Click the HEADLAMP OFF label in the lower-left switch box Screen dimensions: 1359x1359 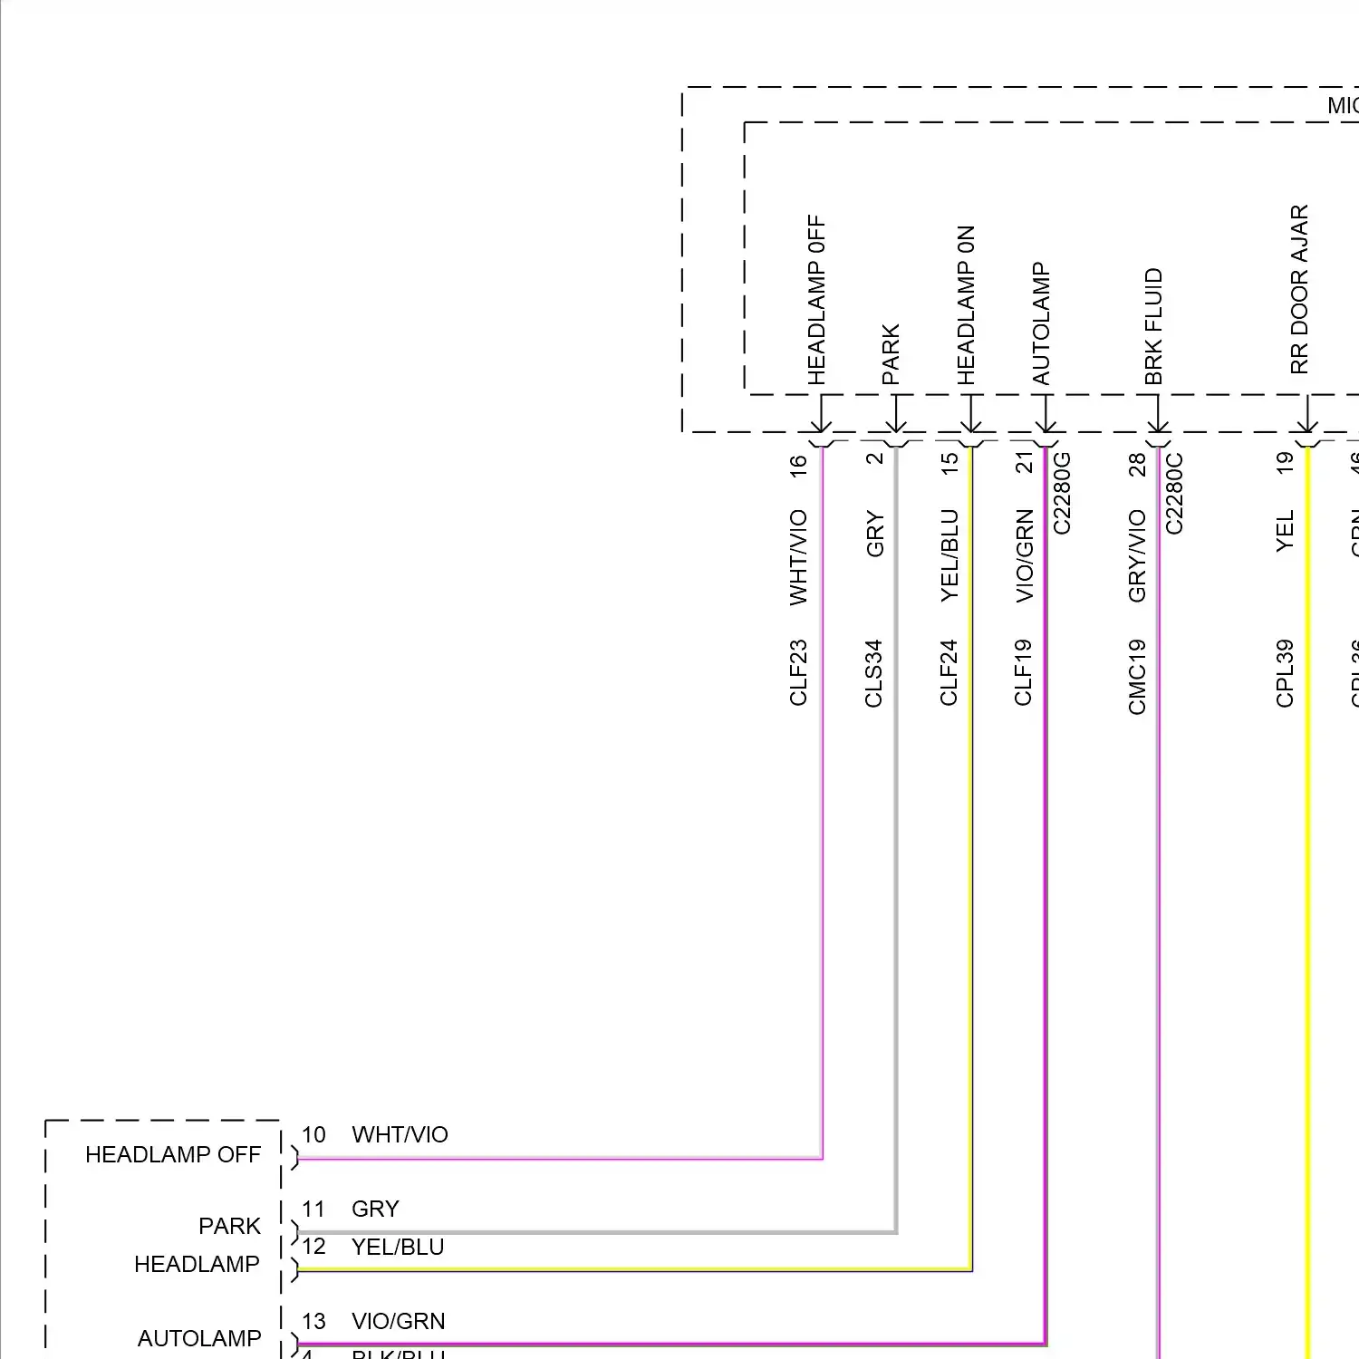[172, 1154]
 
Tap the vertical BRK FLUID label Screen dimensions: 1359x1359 [1153, 326]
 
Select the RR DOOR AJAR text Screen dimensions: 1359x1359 [1299, 289]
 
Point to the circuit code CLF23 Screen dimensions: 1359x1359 [798, 672]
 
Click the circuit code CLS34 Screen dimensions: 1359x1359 [873, 672]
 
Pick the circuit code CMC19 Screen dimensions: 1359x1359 [1138, 676]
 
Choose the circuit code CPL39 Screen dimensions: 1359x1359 [1285, 672]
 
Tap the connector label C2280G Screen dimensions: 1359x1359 [1063, 493]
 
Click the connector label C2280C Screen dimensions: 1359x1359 [1174, 493]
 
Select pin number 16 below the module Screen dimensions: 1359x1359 [798, 466]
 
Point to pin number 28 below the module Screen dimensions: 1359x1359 [1138, 465]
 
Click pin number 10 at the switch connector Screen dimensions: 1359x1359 [313, 1134]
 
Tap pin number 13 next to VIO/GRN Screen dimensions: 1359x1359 [313, 1321]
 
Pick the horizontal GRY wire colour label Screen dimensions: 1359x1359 [375, 1209]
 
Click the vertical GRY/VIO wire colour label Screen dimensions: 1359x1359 [1138, 555]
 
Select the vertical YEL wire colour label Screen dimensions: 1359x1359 [1285, 530]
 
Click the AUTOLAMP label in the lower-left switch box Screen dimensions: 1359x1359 [198, 1338]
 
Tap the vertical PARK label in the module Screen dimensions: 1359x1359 [891, 354]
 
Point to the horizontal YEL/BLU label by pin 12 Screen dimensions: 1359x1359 [398, 1247]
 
